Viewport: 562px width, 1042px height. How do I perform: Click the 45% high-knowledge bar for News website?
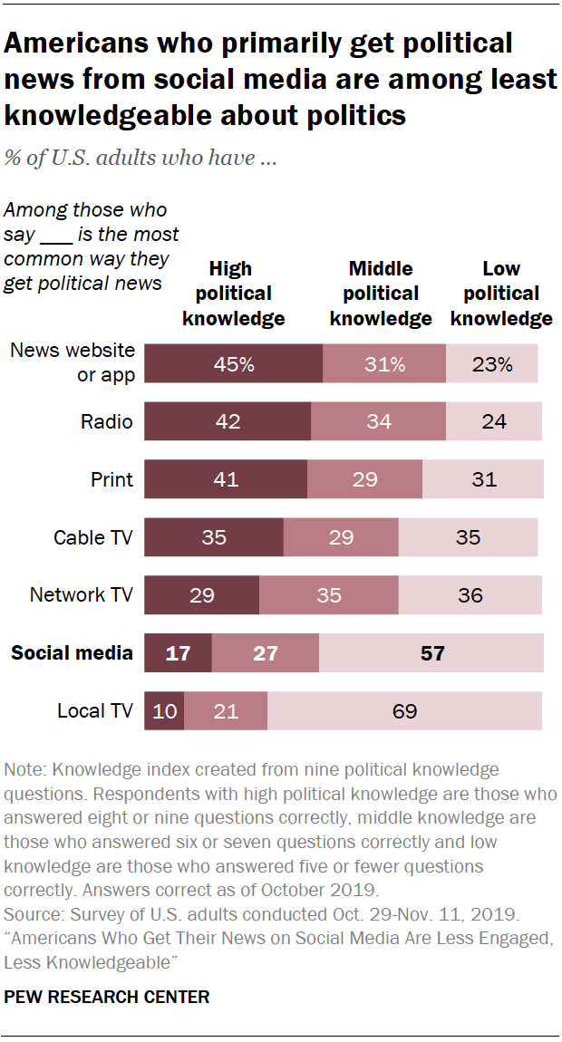(x=234, y=364)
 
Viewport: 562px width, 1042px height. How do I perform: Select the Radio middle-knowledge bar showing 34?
(x=378, y=421)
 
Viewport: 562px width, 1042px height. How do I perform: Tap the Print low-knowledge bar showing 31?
(x=483, y=479)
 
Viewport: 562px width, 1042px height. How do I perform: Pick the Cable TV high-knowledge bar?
(x=214, y=537)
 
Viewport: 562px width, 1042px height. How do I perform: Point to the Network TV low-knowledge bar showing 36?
(x=470, y=595)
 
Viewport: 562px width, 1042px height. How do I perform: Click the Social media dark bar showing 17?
(x=179, y=652)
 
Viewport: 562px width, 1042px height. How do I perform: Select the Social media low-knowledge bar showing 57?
(x=431, y=652)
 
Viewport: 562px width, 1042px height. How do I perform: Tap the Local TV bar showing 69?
(x=404, y=710)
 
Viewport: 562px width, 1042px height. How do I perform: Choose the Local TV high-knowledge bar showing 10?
(x=164, y=710)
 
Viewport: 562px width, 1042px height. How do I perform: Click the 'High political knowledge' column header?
(x=234, y=294)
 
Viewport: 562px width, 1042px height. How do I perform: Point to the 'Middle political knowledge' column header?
(x=381, y=294)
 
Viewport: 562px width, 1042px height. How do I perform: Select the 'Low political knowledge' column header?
(x=501, y=294)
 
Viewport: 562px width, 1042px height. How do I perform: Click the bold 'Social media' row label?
(x=72, y=652)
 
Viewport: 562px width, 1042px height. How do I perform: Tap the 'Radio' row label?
(x=106, y=421)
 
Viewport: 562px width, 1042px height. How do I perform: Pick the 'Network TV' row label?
(x=82, y=595)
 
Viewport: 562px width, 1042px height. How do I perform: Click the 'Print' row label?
(x=112, y=479)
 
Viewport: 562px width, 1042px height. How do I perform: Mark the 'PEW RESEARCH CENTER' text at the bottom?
(x=107, y=997)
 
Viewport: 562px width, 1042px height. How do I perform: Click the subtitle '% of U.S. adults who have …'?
(x=140, y=159)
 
